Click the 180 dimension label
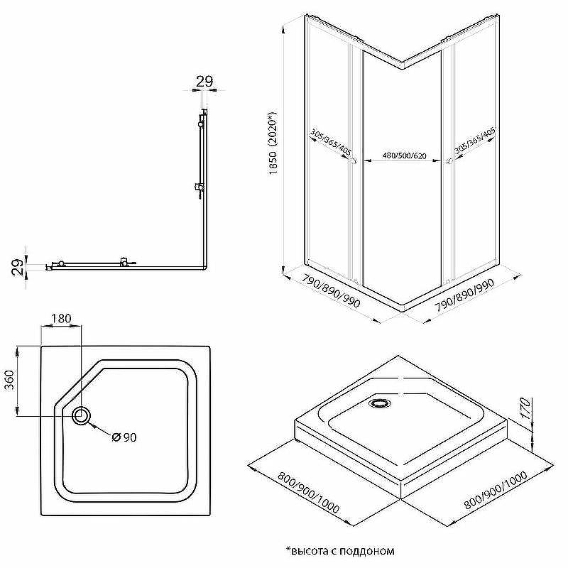[61, 318]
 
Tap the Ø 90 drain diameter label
[124, 437]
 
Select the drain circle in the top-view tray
[81, 415]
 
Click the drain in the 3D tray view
[380, 403]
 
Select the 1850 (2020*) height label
[273, 143]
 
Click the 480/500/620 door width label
[404, 156]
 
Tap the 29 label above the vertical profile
[204, 82]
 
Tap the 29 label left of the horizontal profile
[18, 268]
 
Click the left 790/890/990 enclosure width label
[332, 291]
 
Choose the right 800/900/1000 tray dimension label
[496, 491]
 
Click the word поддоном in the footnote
[366, 552]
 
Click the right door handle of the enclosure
[449, 161]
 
